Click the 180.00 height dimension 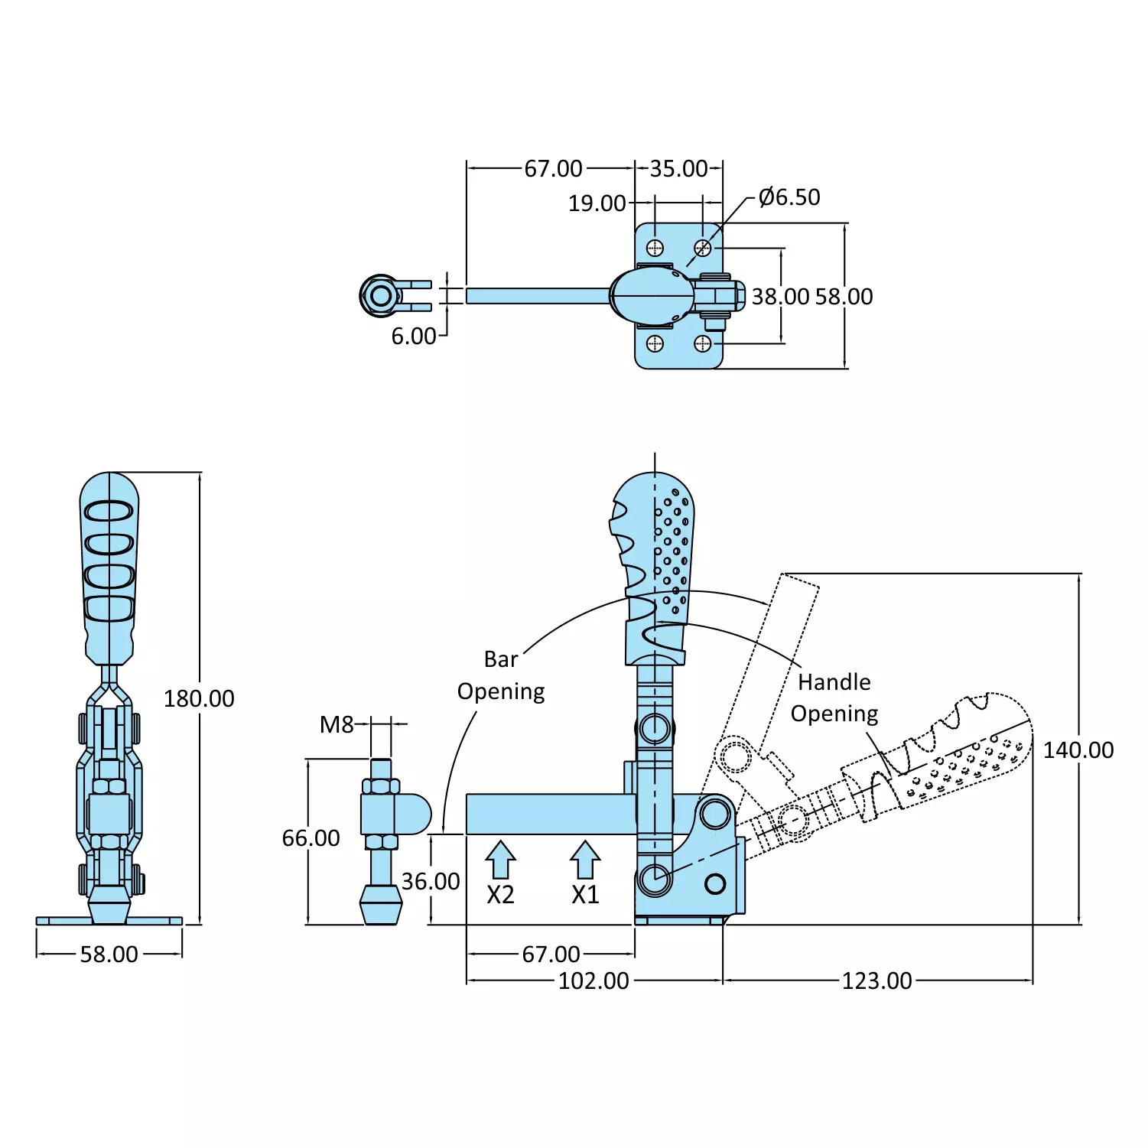pos(199,698)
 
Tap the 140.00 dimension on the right pos(1078,750)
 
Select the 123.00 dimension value pos(876,981)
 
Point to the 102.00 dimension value pos(594,981)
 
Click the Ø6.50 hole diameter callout pos(789,197)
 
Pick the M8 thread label pos(337,724)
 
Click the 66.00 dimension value pos(311,838)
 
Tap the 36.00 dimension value pos(431,881)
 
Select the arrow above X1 pos(585,860)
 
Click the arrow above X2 pos(500,860)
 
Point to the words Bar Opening pos(501,675)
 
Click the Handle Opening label pos(834,698)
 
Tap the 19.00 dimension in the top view pos(597,203)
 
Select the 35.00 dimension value pos(678,168)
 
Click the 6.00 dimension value pos(414,336)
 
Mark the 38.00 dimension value pos(780,296)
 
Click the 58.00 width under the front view pos(109,954)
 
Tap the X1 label pos(585,894)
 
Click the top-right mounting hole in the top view pos(702,248)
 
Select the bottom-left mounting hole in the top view pos(655,343)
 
